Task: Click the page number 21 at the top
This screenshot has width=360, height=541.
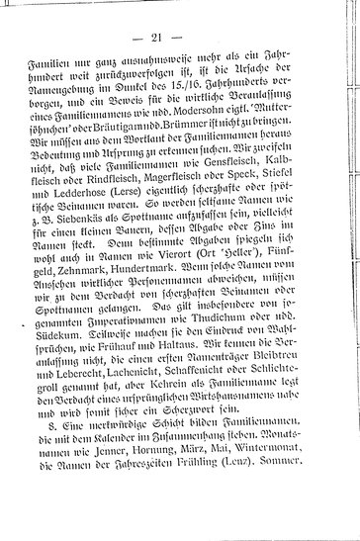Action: [x=180, y=37]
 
